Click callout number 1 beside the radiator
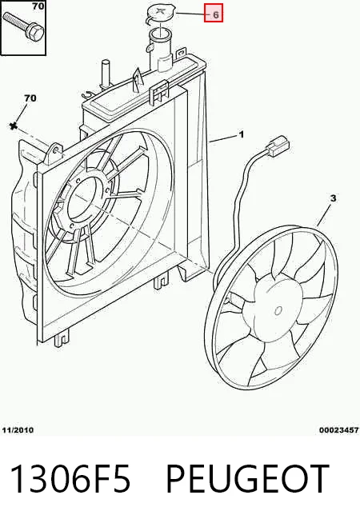click(x=242, y=134)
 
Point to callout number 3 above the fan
click(x=333, y=198)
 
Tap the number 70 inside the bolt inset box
click(x=38, y=6)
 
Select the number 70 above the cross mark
click(x=30, y=98)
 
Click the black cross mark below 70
click(x=14, y=126)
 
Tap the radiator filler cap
click(x=159, y=14)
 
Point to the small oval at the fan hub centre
click(x=278, y=311)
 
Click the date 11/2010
click(x=18, y=429)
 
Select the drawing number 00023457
click(x=338, y=430)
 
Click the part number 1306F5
click(x=70, y=478)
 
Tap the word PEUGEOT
click(x=246, y=478)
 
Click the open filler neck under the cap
click(x=160, y=34)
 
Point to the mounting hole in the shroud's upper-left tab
click(x=56, y=149)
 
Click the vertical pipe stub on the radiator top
click(x=105, y=74)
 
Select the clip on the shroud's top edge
click(x=159, y=91)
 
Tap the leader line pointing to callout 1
click(x=223, y=139)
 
